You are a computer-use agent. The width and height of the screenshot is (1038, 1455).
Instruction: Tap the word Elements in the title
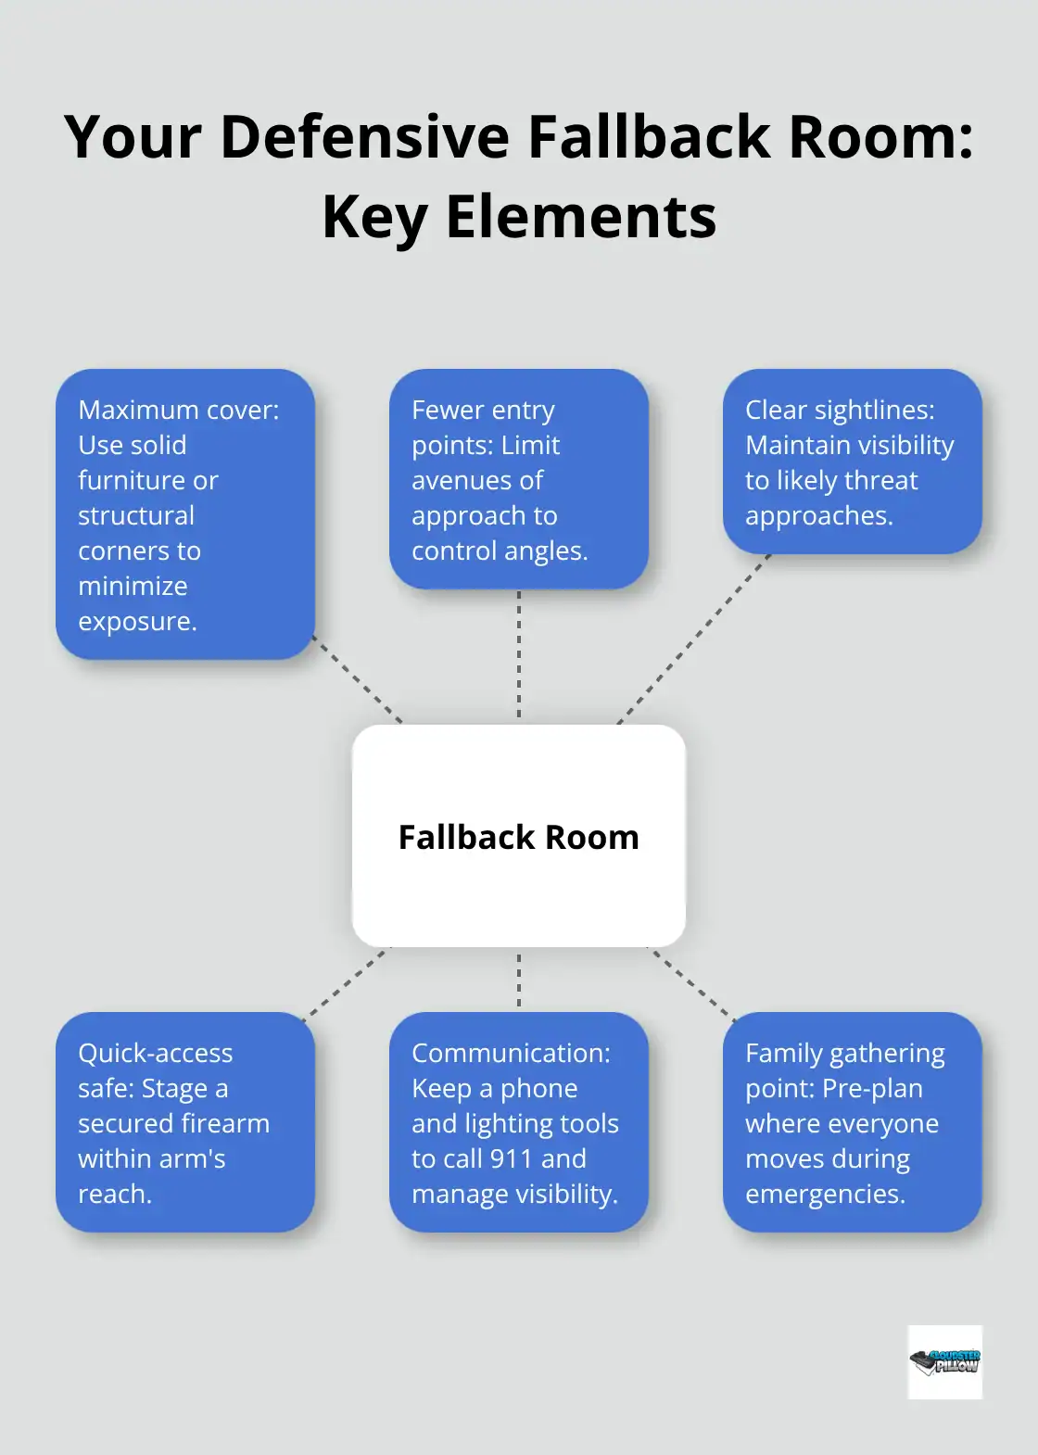point(581,218)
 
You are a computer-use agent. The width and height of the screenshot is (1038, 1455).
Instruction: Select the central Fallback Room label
point(518,837)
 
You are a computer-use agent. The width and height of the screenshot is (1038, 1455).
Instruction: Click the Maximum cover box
point(185,514)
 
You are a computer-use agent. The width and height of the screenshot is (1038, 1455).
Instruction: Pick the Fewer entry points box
point(518,479)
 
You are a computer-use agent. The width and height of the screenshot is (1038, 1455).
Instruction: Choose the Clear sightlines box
point(852,462)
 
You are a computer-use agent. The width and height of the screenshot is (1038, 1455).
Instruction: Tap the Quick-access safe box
point(185,1122)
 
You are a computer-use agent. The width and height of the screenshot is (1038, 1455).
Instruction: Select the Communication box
point(518,1122)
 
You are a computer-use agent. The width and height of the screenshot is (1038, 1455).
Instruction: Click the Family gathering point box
point(852,1122)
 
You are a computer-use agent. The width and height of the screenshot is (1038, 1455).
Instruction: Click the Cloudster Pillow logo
point(944,1361)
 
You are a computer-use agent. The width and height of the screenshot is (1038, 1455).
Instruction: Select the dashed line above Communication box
point(519,980)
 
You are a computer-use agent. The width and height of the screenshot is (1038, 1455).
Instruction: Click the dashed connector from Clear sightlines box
point(693,639)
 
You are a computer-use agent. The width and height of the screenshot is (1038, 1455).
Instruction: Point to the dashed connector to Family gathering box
point(693,983)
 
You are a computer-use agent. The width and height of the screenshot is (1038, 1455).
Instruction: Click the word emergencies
point(825,1194)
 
